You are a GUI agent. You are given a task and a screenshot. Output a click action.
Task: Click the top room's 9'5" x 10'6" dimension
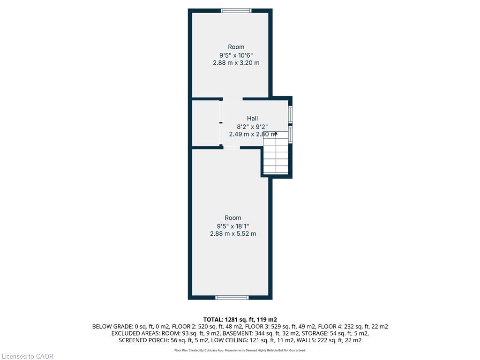[x=236, y=55]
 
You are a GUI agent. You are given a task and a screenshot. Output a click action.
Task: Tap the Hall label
[x=253, y=119]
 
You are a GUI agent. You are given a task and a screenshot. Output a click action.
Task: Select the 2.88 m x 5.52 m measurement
[x=233, y=233]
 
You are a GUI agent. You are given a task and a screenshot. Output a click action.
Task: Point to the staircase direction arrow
[x=276, y=134]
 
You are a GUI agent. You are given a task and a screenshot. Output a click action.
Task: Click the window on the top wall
[x=236, y=10]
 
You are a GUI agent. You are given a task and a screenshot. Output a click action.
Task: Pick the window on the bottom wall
[x=232, y=297]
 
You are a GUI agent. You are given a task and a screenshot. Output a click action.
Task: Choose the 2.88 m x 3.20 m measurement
[x=236, y=62]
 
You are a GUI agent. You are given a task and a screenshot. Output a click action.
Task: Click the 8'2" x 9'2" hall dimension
[x=253, y=126]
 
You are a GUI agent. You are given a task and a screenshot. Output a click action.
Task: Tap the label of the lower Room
[x=233, y=217]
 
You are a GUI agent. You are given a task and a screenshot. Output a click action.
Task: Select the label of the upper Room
[x=236, y=47]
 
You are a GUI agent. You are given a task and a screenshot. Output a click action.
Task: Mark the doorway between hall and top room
[x=232, y=98]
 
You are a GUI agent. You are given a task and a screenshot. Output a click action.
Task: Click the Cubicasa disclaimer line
[x=240, y=350]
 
